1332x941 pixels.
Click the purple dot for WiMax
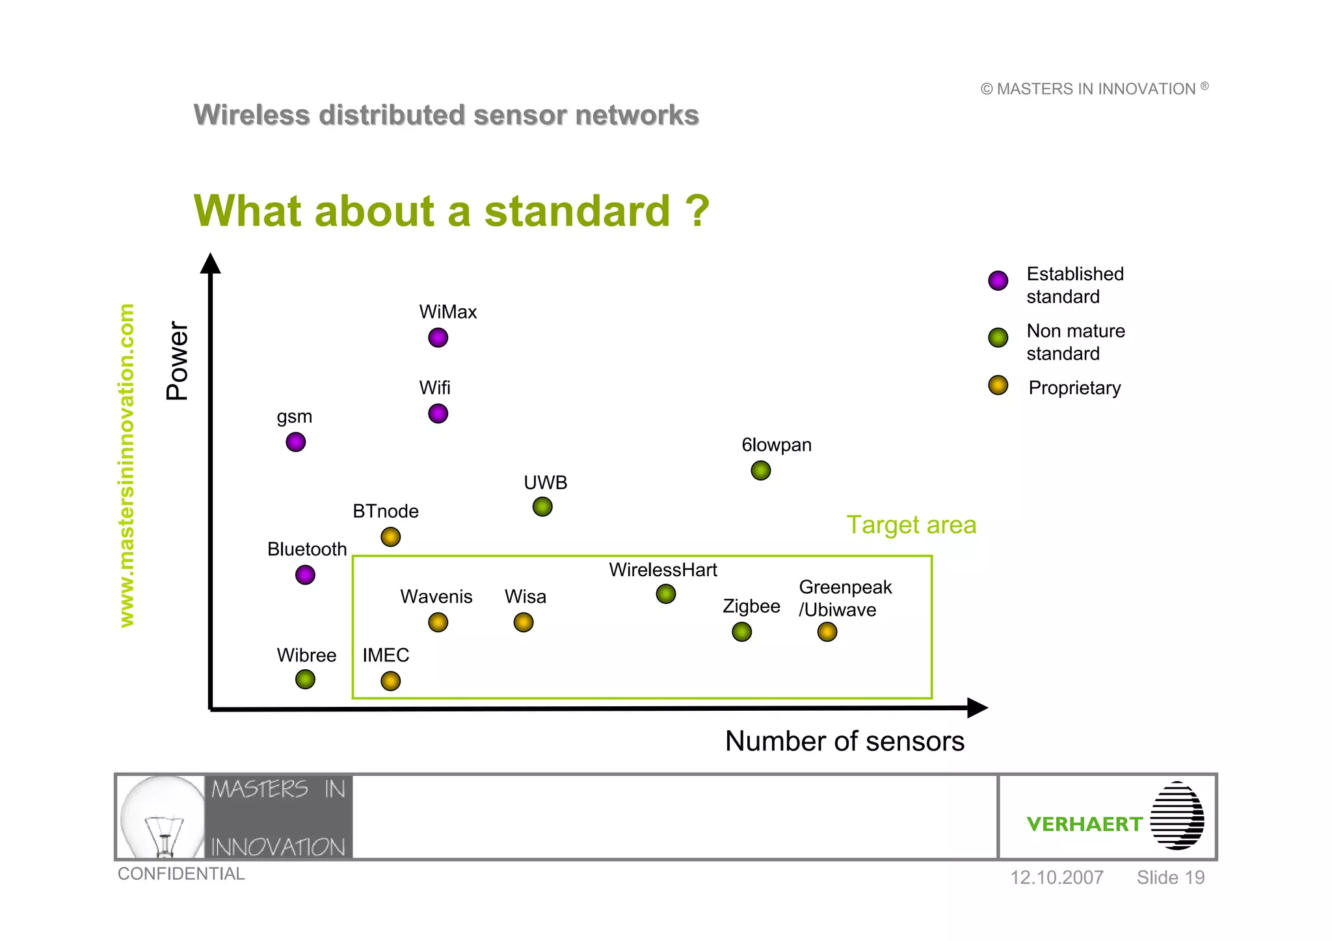coord(438,338)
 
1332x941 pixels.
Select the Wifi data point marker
coord(438,414)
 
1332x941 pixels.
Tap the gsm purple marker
coord(295,442)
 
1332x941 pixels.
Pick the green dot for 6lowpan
coord(760,470)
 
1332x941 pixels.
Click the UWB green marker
coord(542,507)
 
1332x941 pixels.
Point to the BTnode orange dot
coord(390,537)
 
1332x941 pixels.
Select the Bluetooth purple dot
coord(305,575)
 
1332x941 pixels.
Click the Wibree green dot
coord(305,680)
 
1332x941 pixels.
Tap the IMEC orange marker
coord(390,681)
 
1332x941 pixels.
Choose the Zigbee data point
coord(741,631)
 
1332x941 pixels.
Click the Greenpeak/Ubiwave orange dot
coord(827,631)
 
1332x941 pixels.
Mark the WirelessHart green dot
coord(665,594)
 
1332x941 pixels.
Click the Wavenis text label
coord(436,596)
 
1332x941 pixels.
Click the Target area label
coord(911,525)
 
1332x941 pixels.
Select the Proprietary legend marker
coord(998,386)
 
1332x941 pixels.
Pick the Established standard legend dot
coord(998,280)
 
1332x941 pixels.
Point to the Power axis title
coord(177,361)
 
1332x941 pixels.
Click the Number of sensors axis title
coord(844,741)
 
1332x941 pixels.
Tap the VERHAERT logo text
coord(1084,824)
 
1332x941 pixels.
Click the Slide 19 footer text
coord(1170,877)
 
